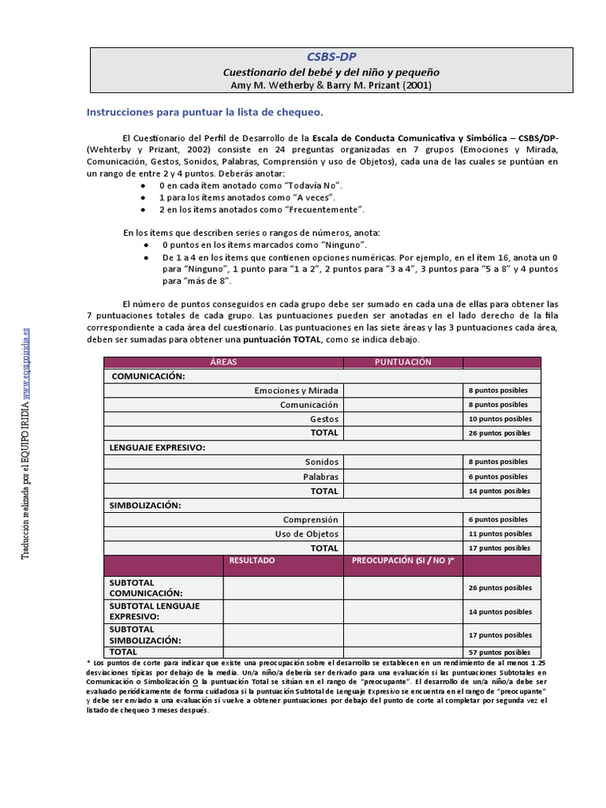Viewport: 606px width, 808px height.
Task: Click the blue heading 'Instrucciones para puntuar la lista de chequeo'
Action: click(x=204, y=112)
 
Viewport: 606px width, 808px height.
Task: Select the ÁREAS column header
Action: click(x=223, y=361)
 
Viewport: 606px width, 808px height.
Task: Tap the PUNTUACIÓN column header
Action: click(x=402, y=361)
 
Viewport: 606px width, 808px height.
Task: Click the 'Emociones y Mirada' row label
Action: click(x=296, y=391)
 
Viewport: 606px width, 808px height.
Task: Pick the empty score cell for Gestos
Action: click(x=402, y=419)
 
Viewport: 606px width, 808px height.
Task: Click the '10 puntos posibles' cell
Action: click(x=500, y=419)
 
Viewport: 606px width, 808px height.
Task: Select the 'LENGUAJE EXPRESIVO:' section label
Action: click(x=157, y=447)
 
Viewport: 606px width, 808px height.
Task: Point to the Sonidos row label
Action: click(x=321, y=462)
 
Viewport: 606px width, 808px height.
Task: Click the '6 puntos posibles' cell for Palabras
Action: click(x=500, y=477)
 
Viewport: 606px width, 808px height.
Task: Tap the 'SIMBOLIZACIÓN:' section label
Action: click(x=145, y=505)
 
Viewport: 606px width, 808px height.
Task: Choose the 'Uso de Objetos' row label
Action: click(x=306, y=533)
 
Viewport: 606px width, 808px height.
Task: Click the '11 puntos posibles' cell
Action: click(x=500, y=534)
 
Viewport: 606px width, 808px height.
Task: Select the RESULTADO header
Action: click(x=252, y=560)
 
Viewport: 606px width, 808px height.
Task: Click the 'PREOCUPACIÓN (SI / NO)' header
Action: click(x=402, y=560)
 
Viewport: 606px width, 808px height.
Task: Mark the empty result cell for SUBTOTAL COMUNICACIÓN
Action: click(x=282, y=588)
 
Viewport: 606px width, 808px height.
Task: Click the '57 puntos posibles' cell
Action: click(x=500, y=653)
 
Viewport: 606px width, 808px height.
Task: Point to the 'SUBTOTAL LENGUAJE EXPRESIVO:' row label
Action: click(x=154, y=611)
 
